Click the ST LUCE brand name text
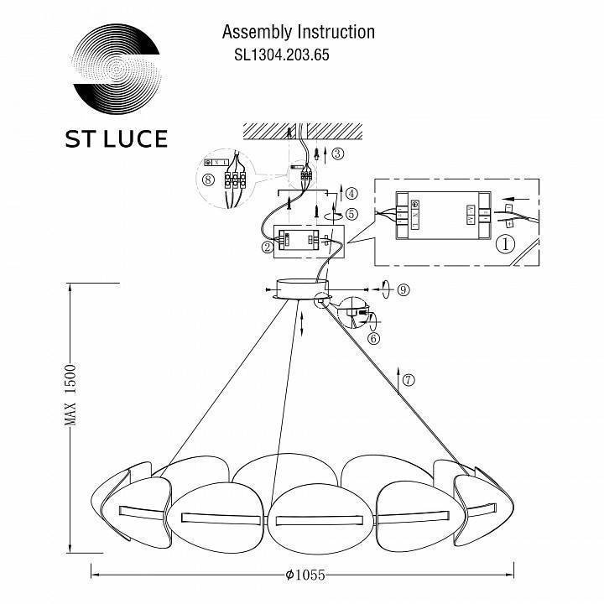click(x=116, y=138)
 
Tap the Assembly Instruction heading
click(x=298, y=33)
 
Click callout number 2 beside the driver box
click(x=267, y=247)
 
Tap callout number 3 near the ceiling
click(x=337, y=154)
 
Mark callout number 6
click(x=373, y=338)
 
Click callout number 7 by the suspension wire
click(x=408, y=379)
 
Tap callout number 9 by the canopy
click(x=403, y=289)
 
